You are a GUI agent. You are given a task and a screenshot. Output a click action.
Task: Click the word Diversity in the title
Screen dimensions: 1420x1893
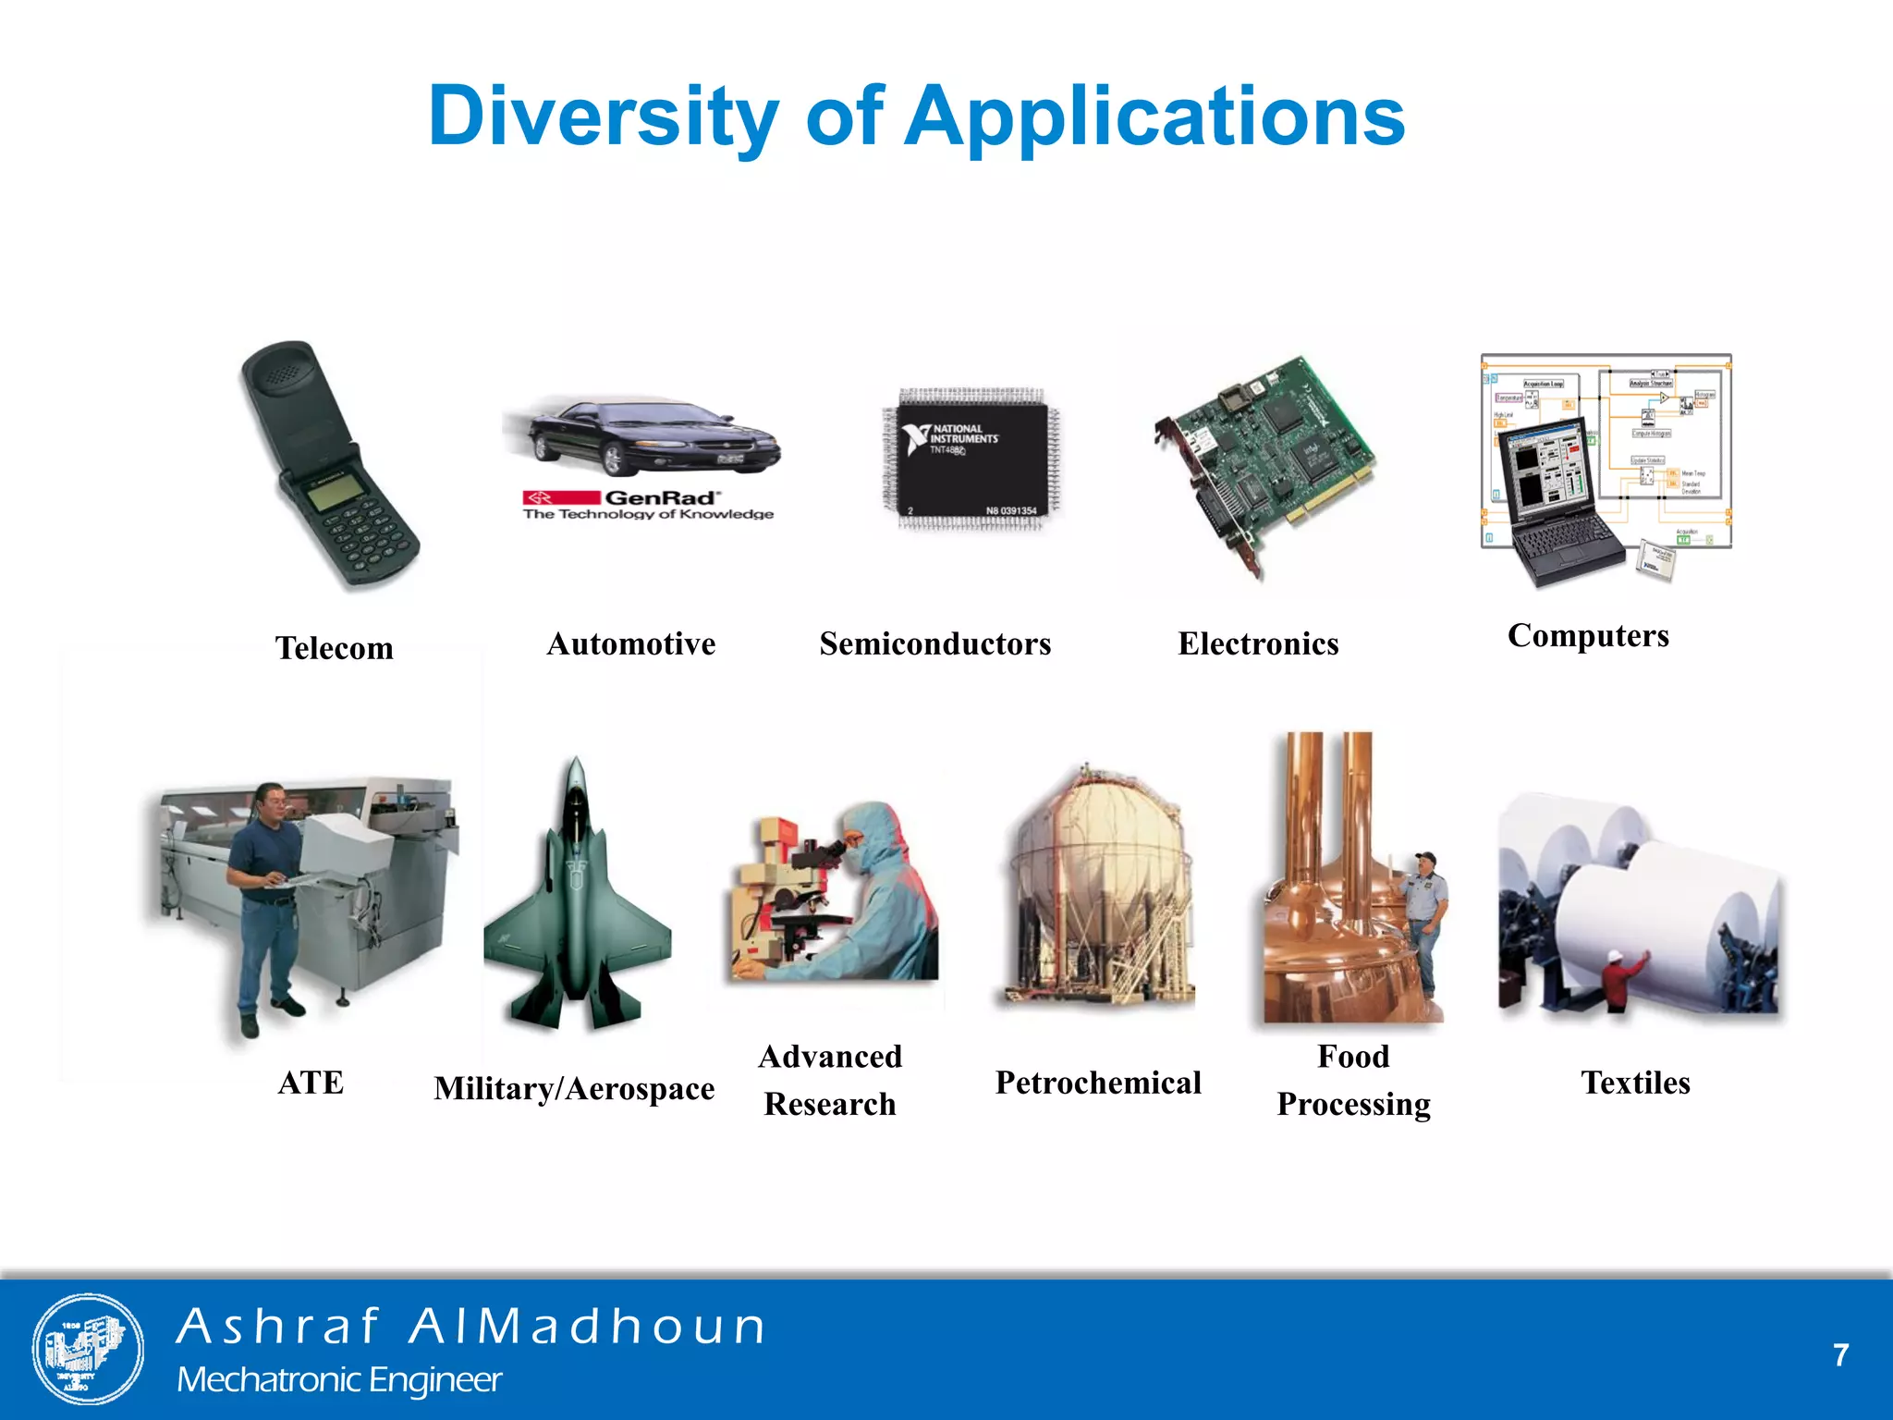click(x=604, y=116)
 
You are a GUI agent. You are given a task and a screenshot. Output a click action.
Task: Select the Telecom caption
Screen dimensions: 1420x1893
click(x=334, y=648)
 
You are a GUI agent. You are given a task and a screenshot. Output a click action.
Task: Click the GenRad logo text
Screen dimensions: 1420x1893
click(x=660, y=497)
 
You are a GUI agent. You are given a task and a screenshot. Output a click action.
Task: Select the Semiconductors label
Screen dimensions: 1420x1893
click(x=934, y=643)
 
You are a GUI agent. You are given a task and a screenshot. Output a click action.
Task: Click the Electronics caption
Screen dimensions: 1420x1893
click(x=1258, y=643)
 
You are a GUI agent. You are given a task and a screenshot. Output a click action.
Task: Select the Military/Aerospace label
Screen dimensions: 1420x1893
click(x=574, y=1089)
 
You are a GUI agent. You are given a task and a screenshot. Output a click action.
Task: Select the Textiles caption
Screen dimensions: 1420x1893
click(x=1635, y=1083)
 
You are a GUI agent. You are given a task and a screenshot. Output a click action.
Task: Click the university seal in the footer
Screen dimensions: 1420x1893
click(x=88, y=1349)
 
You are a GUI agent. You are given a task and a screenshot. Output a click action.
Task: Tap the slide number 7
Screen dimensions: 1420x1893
click(x=1840, y=1355)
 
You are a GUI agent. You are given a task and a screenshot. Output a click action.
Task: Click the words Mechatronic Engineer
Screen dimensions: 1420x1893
click(x=339, y=1380)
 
